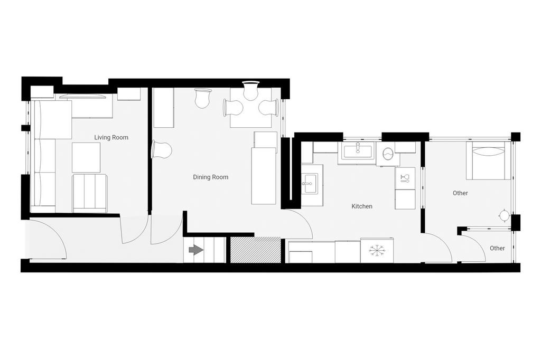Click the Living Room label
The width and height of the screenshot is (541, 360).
pyautogui.click(x=111, y=137)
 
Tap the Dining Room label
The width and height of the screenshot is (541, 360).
pyautogui.click(x=210, y=177)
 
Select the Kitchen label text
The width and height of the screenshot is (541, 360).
pyautogui.click(x=361, y=206)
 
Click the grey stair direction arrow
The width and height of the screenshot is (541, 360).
pyautogui.click(x=197, y=250)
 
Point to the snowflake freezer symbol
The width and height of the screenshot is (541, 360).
pyautogui.click(x=376, y=251)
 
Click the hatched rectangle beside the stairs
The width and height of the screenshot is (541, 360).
pyautogui.click(x=256, y=250)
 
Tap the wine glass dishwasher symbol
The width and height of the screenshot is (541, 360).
pyautogui.click(x=405, y=178)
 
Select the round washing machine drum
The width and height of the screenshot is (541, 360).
pyautogui.click(x=388, y=154)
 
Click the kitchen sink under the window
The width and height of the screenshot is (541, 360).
pyautogui.click(x=358, y=150)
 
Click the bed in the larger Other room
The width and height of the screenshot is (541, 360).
pyautogui.click(x=488, y=160)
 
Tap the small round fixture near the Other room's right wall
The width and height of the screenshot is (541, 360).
pyautogui.click(x=504, y=216)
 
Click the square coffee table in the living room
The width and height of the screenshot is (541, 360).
pyautogui.click(x=86, y=158)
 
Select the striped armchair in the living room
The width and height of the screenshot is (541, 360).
pyautogui.click(x=90, y=193)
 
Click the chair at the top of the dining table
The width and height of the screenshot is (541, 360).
pyautogui.click(x=250, y=90)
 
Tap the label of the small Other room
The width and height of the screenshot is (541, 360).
pyautogui.click(x=497, y=248)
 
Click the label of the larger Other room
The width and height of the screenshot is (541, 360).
pyautogui.click(x=460, y=193)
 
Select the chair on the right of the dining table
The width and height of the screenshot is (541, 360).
pyautogui.click(x=268, y=107)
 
